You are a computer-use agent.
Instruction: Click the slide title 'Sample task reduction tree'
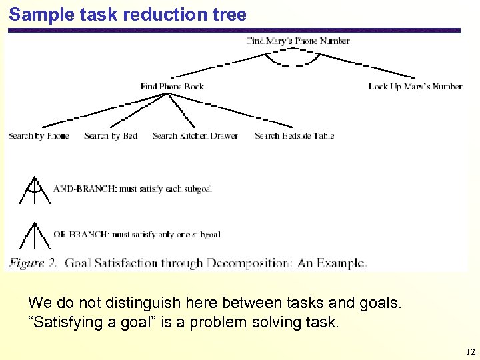tap(127, 15)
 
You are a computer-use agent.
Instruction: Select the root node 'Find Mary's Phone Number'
tap(298, 41)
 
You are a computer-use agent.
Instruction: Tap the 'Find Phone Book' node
tap(172, 86)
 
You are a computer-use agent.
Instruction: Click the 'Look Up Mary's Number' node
tap(415, 86)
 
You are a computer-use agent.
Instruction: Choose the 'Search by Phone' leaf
tap(39, 135)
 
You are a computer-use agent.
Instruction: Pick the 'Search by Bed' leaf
tap(111, 135)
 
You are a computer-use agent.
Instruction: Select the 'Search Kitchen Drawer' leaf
tap(195, 135)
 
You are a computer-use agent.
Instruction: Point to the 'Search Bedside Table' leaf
tap(294, 135)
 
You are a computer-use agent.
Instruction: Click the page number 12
tap(470, 352)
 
